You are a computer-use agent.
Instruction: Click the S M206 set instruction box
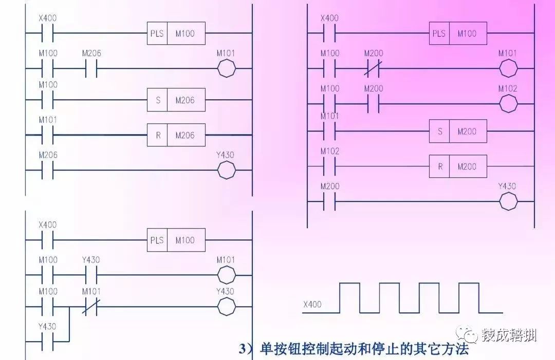pyautogui.click(x=176, y=101)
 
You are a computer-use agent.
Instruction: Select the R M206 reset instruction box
pyautogui.click(x=176, y=136)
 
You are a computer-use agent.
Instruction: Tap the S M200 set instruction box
pyautogui.click(x=458, y=131)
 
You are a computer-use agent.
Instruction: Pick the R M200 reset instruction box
pyautogui.click(x=458, y=167)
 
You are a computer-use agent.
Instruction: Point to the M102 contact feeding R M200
pyautogui.click(x=329, y=167)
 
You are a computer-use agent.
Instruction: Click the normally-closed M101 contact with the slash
pyautogui.click(x=91, y=307)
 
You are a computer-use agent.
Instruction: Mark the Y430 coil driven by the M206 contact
pyautogui.click(x=226, y=171)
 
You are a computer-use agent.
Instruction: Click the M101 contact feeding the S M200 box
pyautogui.click(x=329, y=131)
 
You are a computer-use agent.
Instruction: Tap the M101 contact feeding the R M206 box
pyautogui.click(x=48, y=136)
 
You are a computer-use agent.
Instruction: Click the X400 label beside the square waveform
pyautogui.click(x=312, y=305)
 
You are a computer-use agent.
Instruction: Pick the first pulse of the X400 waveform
pyautogui.click(x=349, y=297)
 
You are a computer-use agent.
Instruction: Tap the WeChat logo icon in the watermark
pyautogui.click(x=469, y=336)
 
